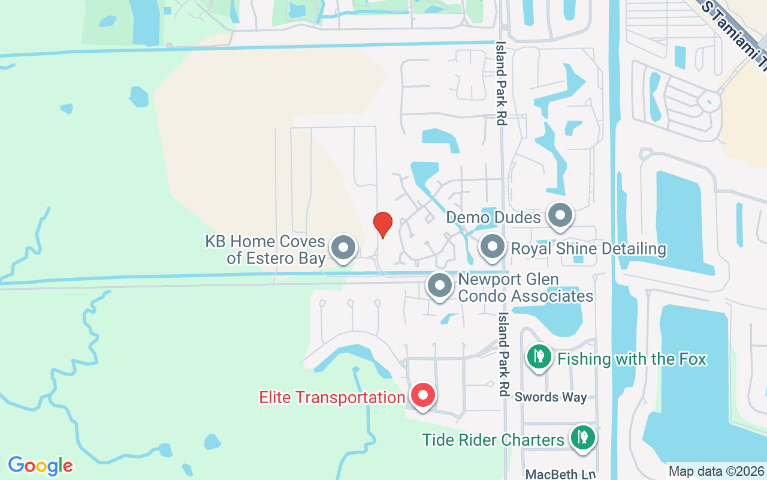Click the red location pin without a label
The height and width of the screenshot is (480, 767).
coord(382,224)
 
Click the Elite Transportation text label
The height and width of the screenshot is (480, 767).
coord(332,397)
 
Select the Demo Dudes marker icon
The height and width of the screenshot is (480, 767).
coord(560,215)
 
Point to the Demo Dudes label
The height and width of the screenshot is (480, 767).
coord(493,217)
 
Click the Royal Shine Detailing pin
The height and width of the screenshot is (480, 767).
coord(493,247)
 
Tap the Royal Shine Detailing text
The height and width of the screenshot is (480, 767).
coord(588,248)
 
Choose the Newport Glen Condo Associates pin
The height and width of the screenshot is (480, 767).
coord(440,286)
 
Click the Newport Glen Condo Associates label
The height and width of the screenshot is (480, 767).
coord(526,288)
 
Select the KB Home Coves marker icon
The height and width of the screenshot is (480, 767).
coord(343,247)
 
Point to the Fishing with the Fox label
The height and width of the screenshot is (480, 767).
coord(632,359)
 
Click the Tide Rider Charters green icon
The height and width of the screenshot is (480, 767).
coord(582,438)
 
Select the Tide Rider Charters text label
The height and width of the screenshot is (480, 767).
coord(493,440)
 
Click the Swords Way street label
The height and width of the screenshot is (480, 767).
coord(551,397)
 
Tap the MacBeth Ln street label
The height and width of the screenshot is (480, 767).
coord(561,474)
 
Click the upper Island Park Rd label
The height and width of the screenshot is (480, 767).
coord(501,83)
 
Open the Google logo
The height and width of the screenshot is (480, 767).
coord(41,466)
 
